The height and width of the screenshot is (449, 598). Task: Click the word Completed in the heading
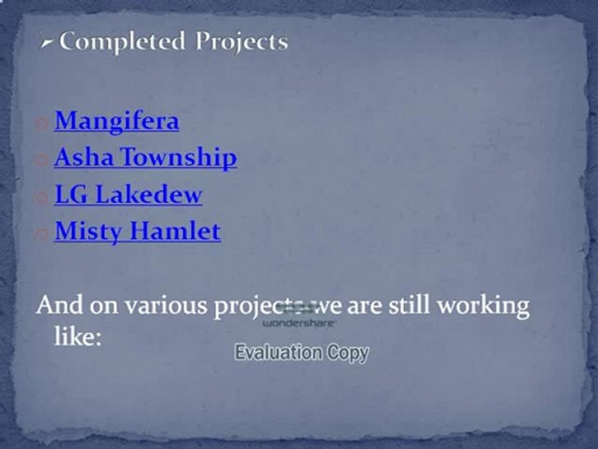[122, 42]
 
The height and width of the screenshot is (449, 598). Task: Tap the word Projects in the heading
[242, 42]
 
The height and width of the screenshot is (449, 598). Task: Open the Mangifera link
[116, 121]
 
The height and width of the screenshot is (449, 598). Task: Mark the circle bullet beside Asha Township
[42, 161]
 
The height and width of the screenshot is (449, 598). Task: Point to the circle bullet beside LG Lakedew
[42, 198]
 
